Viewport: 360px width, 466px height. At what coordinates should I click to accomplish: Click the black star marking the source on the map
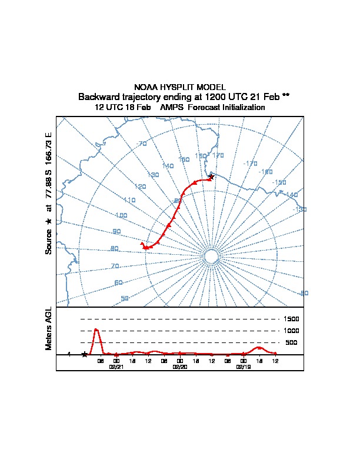tap(211, 176)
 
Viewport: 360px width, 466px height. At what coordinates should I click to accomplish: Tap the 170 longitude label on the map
tap(218, 155)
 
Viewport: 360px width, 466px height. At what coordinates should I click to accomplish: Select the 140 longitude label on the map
tap(168, 167)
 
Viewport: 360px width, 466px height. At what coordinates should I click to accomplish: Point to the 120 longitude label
tap(140, 187)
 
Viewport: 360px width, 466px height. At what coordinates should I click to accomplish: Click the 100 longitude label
tap(121, 215)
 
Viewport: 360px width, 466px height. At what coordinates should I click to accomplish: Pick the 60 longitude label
tap(119, 283)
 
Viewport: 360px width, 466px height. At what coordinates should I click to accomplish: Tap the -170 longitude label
tap(250, 164)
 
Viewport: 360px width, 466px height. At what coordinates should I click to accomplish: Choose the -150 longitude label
tap(279, 182)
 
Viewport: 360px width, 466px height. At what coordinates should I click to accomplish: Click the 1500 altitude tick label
tap(292, 319)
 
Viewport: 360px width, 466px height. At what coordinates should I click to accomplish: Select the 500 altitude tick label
tap(291, 342)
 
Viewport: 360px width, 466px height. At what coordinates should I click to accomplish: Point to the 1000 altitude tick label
tap(292, 331)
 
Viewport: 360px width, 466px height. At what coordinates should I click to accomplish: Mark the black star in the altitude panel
tap(85, 354)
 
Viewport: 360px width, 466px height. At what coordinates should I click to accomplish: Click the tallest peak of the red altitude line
tap(96, 329)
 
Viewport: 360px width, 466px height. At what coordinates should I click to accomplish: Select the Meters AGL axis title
tap(49, 328)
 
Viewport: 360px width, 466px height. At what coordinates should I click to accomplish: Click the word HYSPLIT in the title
tap(177, 87)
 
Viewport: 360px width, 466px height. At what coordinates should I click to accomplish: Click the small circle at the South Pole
tap(211, 255)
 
